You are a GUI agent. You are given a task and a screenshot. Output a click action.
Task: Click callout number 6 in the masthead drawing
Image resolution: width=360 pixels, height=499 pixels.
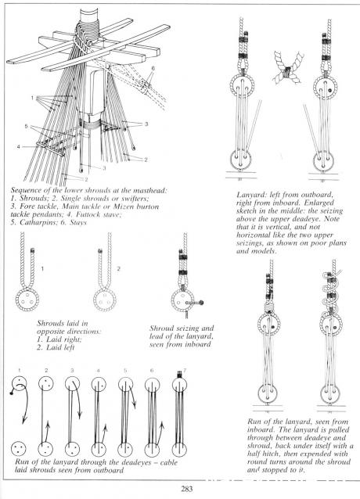(x=153, y=68)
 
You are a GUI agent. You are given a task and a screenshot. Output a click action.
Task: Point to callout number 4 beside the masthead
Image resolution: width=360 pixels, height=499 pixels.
(x=19, y=147)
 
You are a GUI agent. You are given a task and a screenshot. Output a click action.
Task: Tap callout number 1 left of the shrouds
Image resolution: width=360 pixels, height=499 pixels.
(x=32, y=98)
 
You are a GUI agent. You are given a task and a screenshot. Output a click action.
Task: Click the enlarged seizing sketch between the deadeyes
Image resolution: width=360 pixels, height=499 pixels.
(x=288, y=68)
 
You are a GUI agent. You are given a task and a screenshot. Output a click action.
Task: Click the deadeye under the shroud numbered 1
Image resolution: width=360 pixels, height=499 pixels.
(x=27, y=300)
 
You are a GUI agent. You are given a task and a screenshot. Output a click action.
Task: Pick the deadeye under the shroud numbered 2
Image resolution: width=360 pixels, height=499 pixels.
(x=105, y=300)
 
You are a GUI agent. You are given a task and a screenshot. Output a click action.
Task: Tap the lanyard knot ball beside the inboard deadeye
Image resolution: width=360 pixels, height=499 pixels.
(x=201, y=303)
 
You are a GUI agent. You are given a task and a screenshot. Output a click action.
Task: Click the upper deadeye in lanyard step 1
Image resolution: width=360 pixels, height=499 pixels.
(x=20, y=383)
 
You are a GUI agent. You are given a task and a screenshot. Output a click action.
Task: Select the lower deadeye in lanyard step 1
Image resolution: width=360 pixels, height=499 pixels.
(x=19, y=449)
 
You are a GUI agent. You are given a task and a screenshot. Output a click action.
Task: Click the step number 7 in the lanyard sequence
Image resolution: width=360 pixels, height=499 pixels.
(x=185, y=370)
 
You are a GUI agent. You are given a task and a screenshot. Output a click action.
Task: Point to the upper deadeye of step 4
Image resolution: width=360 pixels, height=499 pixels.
(x=99, y=385)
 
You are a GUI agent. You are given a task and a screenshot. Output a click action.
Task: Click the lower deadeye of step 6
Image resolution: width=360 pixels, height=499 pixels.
(x=152, y=450)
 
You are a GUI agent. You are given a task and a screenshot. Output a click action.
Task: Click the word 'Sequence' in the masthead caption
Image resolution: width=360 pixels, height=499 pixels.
(x=26, y=190)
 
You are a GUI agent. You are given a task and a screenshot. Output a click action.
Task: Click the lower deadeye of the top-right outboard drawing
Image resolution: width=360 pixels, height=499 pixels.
(x=240, y=158)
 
